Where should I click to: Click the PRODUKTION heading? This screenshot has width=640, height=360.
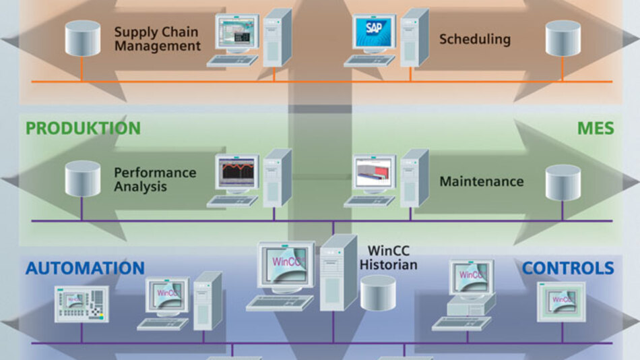pyautogui.click(x=83, y=128)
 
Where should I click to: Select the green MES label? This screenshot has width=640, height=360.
pyautogui.click(x=595, y=128)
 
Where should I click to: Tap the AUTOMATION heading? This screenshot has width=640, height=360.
pyautogui.click(x=85, y=268)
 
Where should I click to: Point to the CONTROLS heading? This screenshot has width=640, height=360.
pyautogui.click(x=568, y=268)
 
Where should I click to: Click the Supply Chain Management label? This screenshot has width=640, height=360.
pyautogui.click(x=157, y=39)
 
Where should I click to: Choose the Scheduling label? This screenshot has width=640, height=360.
pyautogui.click(x=475, y=39)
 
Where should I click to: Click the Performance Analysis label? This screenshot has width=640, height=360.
pyautogui.click(x=154, y=179)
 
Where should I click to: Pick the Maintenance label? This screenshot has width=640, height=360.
pyautogui.click(x=481, y=181)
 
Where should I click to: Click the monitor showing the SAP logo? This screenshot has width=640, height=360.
pyautogui.click(x=375, y=33)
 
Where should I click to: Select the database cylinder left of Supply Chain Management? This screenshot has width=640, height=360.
pyautogui.click(x=82, y=39)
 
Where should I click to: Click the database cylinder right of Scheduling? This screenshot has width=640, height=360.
pyautogui.click(x=563, y=39)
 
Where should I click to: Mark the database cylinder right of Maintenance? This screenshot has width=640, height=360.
pyautogui.click(x=563, y=182)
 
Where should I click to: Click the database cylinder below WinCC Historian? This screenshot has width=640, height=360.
pyautogui.click(x=378, y=291)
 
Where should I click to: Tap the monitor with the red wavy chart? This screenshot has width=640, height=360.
pyautogui.click(x=236, y=173)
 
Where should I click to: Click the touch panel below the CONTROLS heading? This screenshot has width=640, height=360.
pyautogui.click(x=561, y=301)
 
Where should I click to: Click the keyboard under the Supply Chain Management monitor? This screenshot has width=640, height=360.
pyautogui.click(x=232, y=61)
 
